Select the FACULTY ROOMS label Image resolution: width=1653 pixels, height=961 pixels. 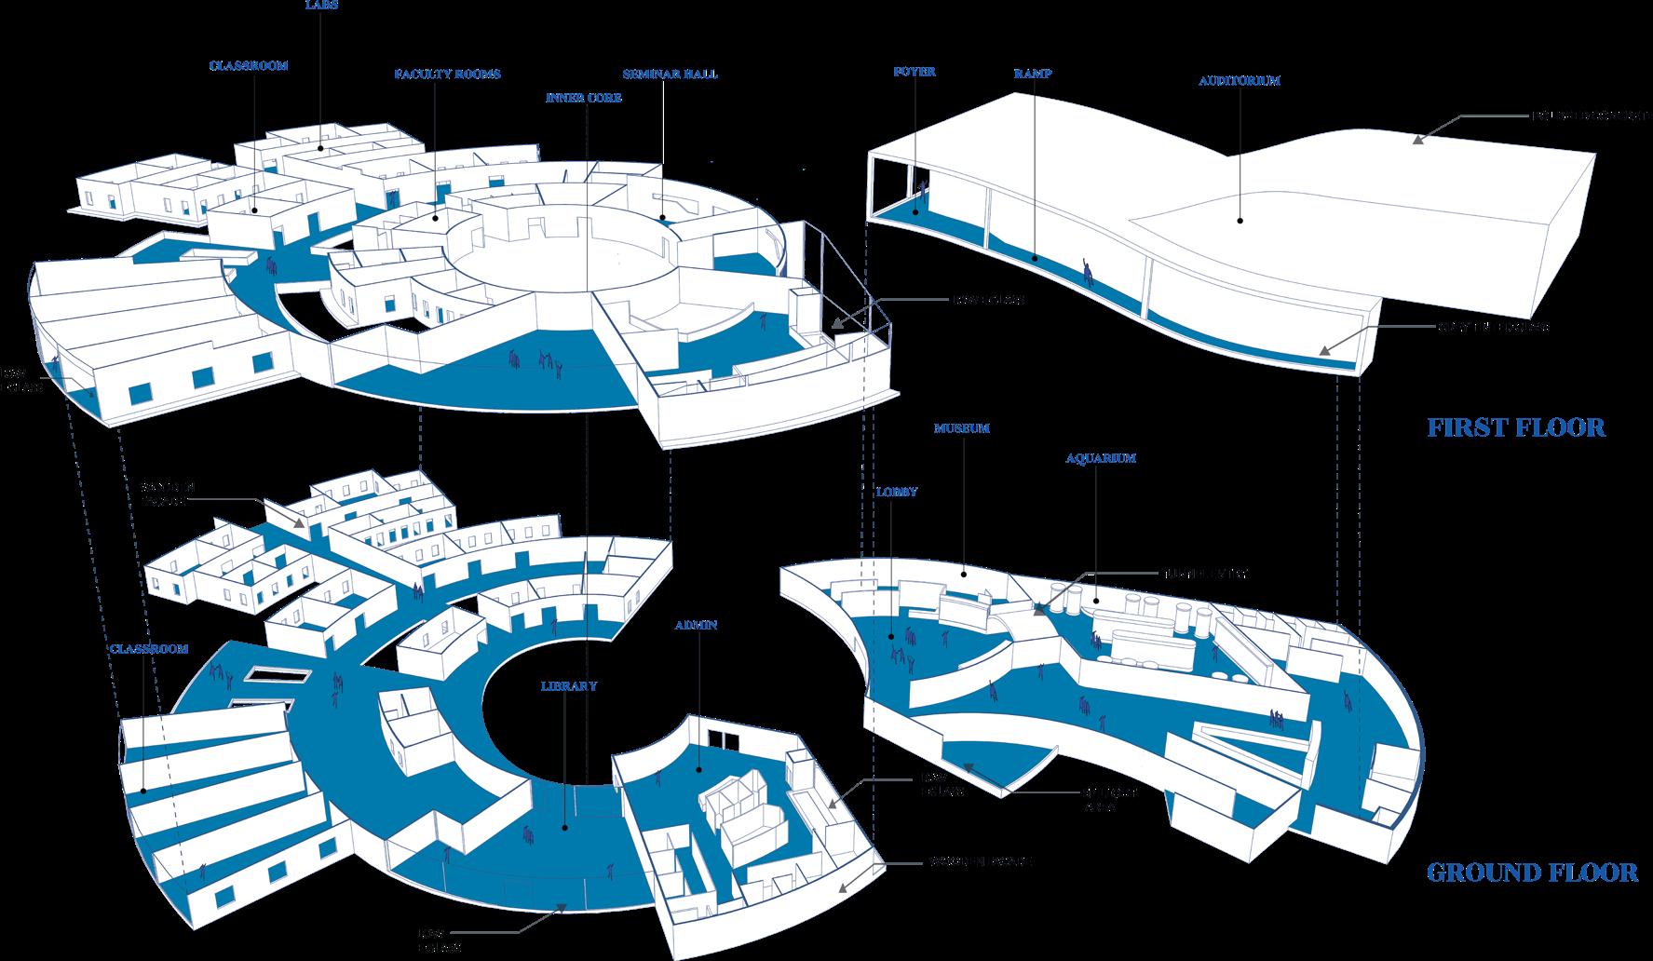pos(447,74)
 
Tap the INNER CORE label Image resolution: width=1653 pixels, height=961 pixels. pos(584,97)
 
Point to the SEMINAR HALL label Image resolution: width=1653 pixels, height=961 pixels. pos(671,74)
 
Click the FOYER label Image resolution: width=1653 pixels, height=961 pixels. pos(914,71)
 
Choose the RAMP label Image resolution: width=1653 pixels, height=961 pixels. pos(1035,73)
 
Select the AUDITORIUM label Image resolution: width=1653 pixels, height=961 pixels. pos(1239,81)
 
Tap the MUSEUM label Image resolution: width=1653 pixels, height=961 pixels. pos(961,428)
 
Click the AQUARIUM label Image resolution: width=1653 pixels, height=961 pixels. pos(1101,458)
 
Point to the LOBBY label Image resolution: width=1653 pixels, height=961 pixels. pos(897,491)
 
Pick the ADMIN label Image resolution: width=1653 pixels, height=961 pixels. pos(698,625)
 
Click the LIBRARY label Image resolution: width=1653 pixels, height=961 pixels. pos(568,685)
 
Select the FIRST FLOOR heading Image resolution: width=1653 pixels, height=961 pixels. pos(1516,427)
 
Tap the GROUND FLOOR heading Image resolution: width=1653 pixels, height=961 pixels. pos(1532,872)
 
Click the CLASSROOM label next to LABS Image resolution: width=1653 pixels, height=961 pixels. pos(249,66)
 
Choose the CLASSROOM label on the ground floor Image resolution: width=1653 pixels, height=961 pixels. pos(149,648)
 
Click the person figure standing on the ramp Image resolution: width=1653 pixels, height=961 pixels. pos(1087,270)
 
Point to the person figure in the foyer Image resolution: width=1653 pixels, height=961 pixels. pos(922,192)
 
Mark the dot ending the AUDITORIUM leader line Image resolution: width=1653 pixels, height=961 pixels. pos(1240,221)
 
